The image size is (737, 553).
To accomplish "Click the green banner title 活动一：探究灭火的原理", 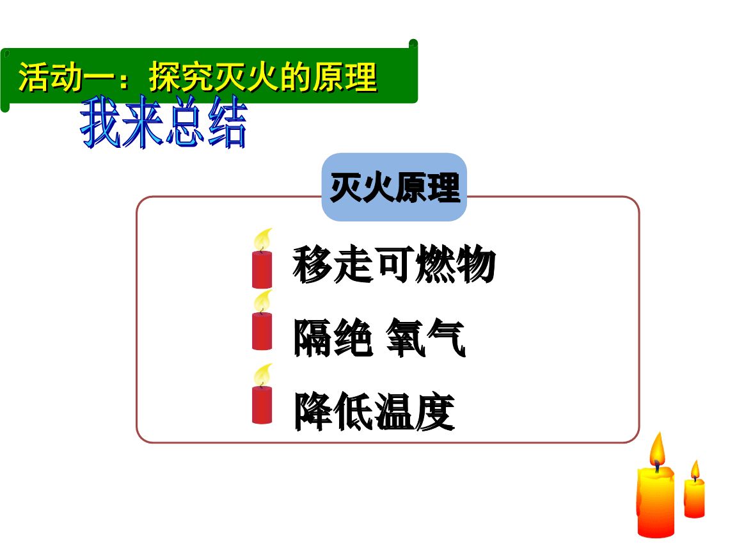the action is click(x=198, y=77).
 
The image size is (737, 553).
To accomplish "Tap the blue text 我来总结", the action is click(x=163, y=122).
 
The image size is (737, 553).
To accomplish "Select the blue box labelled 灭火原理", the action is click(x=394, y=187).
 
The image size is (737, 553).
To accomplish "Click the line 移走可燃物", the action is click(x=394, y=264).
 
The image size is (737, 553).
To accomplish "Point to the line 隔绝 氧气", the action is click(x=379, y=337).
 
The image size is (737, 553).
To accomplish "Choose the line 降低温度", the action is click(x=374, y=412).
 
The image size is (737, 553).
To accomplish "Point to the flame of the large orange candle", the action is click(x=656, y=450).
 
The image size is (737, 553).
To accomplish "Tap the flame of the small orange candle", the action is click(x=695, y=470).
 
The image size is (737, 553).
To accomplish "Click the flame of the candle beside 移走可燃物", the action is click(x=263, y=239).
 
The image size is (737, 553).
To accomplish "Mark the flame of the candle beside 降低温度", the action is click(x=263, y=375).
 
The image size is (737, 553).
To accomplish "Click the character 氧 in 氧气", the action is click(x=405, y=337).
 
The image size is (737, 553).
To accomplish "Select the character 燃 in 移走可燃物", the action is click(x=435, y=264).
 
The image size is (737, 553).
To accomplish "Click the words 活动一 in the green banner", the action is click(x=66, y=77).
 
